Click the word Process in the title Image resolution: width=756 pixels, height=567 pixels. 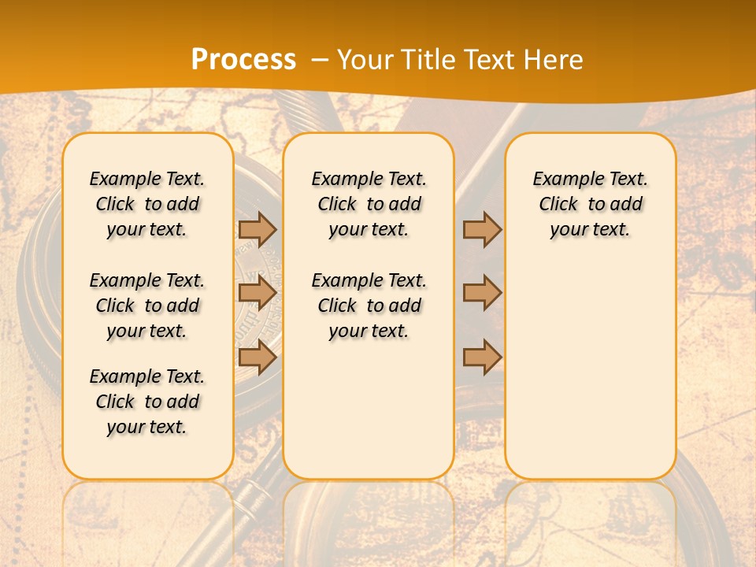[x=243, y=60]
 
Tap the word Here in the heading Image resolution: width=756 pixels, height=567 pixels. [x=554, y=60]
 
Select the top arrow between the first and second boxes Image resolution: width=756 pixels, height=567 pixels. [x=258, y=229]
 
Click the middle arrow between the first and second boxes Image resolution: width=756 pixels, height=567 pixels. [x=258, y=294]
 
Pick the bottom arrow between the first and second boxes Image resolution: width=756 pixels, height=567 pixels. [x=258, y=358]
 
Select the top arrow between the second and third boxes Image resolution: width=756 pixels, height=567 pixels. [x=482, y=229]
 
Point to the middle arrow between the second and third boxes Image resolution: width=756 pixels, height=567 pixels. [x=482, y=293]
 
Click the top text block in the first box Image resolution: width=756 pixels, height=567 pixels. [x=147, y=204]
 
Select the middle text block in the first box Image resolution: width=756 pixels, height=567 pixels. [x=147, y=306]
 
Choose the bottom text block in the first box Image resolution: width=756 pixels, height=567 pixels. [x=147, y=402]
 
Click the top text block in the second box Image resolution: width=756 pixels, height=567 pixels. [x=369, y=204]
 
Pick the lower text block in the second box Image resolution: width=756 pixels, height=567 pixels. [x=369, y=306]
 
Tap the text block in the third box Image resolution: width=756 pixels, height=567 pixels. [x=591, y=204]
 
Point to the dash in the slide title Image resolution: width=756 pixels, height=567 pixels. [x=319, y=60]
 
